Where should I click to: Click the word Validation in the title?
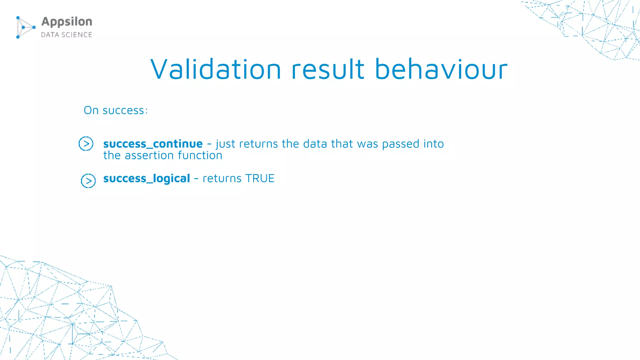216,69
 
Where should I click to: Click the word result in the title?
327,69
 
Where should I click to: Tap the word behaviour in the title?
441,69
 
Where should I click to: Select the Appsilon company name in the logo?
67,22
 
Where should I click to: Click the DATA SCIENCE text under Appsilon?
67,35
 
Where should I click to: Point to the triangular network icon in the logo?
25,27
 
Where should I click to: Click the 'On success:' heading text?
116,110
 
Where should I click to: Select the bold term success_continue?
153,144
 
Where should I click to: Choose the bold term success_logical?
147,178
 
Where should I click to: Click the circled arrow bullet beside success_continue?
86,144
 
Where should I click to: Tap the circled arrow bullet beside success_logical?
88,181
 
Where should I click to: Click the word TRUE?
260,178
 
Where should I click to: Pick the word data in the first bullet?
315,144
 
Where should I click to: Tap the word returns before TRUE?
222,178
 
